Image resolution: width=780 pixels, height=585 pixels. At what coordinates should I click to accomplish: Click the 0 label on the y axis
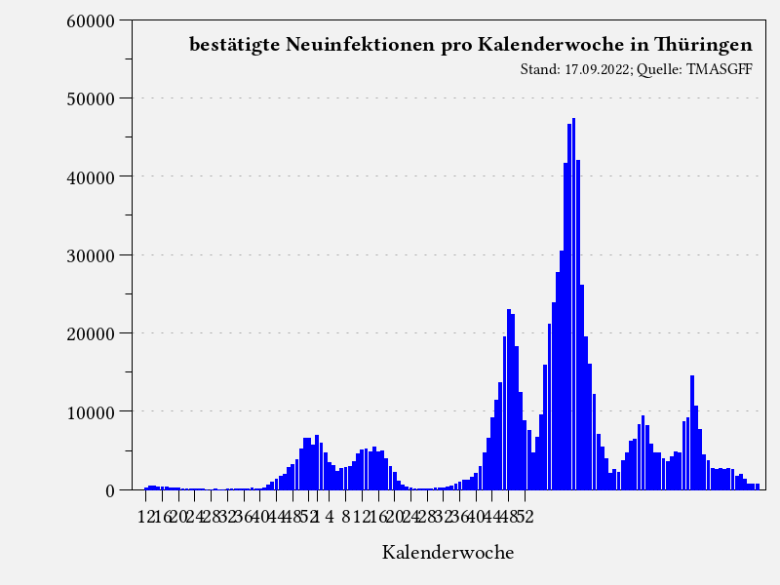(110, 490)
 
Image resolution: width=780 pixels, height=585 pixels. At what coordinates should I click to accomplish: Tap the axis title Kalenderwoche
(448, 552)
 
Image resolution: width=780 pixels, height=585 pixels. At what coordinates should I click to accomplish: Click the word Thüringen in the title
(704, 45)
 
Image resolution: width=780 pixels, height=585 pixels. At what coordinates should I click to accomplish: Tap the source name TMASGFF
(721, 70)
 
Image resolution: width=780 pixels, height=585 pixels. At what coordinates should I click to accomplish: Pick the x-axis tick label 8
(345, 516)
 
